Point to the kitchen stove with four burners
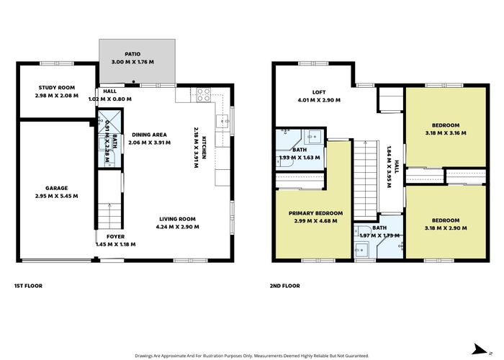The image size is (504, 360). pos(203,93)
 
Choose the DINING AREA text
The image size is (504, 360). pos(149,135)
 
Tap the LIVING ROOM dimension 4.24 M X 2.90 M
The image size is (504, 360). pos(178,228)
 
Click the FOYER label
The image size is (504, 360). pos(115,236)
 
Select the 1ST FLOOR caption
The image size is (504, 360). pos(28,286)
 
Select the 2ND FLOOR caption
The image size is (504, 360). pos(285,286)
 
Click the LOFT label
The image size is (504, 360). pos(319,92)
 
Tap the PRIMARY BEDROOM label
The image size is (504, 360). pos(315,213)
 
